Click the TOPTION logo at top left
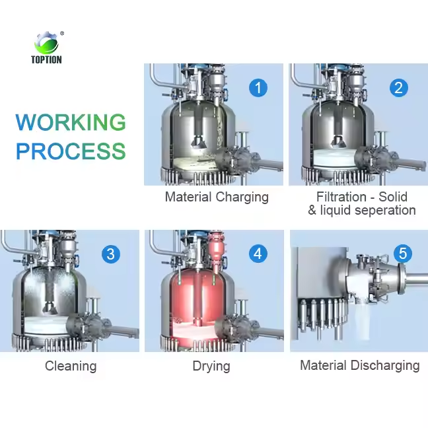(x=46, y=47)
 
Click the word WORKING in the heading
(x=71, y=122)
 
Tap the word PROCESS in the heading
(x=71, y=151)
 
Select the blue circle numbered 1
(x=258, y=87)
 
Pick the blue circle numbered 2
(x=398, y=87)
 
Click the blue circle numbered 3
(x=111, y=254)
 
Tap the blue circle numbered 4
(x=258, y=254)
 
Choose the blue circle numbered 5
(x=402, y=254)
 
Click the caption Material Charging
(x=217, y=197)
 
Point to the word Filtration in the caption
(x=341, y=197)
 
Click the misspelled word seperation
(x=383, y=211)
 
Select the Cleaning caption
(x=71, y=366)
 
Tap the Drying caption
(x=211, y=366)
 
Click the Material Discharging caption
(x=359, y=365)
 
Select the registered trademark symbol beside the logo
(x=62, y=33)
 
